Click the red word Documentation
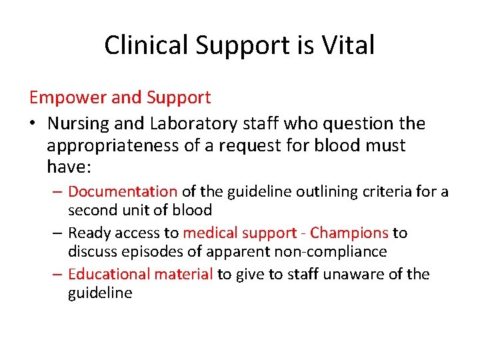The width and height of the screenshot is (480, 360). click(x=123, y=192)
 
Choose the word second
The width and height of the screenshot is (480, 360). click(x=91, y=210)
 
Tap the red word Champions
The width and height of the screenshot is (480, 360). click(x=349, y=233)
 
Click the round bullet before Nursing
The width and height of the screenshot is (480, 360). click(x=33, y=124)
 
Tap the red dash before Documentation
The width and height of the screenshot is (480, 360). click(x=58, y=192)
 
